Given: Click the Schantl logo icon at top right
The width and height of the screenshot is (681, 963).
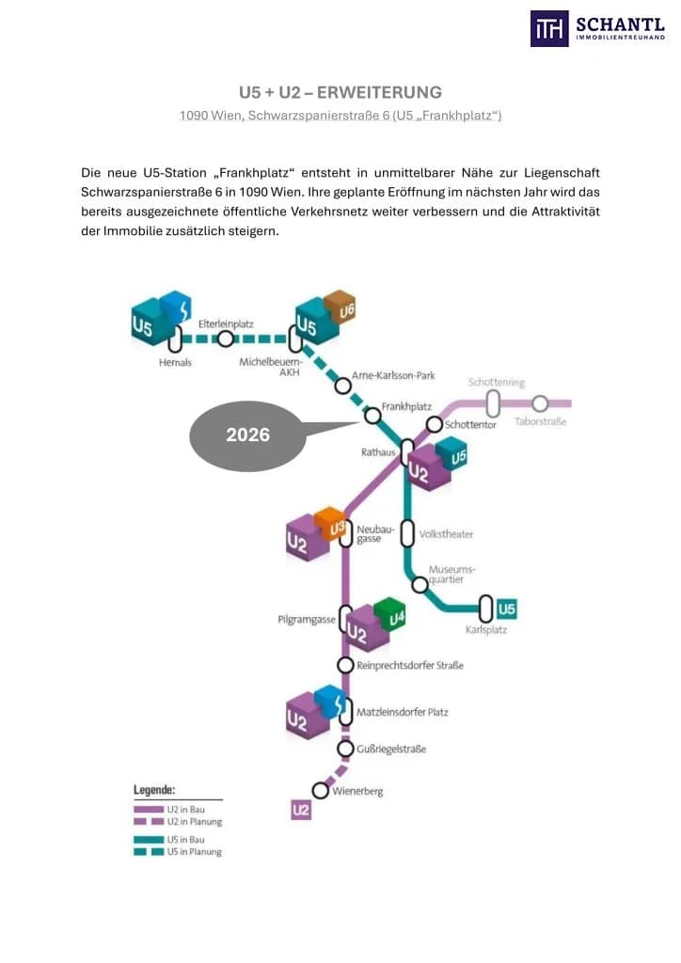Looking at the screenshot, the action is pyautogui.click(x=549, y=28).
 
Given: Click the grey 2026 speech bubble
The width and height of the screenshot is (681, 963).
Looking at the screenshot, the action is pyautogui.click(x=248, y=435).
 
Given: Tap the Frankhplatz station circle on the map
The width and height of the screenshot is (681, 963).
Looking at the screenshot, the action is pyautogui.click(x=372, y=416).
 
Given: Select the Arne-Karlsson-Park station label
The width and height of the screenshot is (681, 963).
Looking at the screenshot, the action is pyautogui.click(x=393, y=375).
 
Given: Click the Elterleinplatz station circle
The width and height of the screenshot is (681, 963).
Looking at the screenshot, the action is pyautogui.click(x=226, y=339).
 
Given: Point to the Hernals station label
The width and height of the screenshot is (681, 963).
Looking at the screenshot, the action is pyautogui.click(x=175, y=362).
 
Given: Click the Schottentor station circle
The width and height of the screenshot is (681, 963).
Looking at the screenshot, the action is pyautogui.click(x=435, y=424).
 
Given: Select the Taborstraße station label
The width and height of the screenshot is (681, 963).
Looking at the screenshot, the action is pyautogui.click(x=540, y=421).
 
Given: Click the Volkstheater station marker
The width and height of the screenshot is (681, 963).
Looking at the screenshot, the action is pyautogui.click(x=407, y=534).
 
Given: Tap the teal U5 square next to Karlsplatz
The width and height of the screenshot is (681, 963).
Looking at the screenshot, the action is pyautogui.click(x=507, y=609).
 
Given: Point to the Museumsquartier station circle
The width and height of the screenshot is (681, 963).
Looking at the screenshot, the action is pyautogui.click(x=420, y=584).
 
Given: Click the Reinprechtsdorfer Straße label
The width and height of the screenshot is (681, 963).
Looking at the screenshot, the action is pyautogui.click(x=410, y=665).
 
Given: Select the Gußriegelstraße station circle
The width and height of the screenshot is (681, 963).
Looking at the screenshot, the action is pyautogui.click(x=346, y=749).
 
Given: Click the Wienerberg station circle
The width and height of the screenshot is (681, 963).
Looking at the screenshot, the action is pyautogui.click(x=320, y=790).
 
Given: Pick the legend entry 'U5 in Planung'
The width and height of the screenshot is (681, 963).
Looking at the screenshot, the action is pyautogui.click(x=178, y=852).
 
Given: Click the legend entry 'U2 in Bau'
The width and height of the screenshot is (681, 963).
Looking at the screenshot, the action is pyautogui.click(x=169, y=810).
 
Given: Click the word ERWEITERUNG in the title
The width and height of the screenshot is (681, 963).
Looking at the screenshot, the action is pyautogui.click(x=379, y=92).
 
